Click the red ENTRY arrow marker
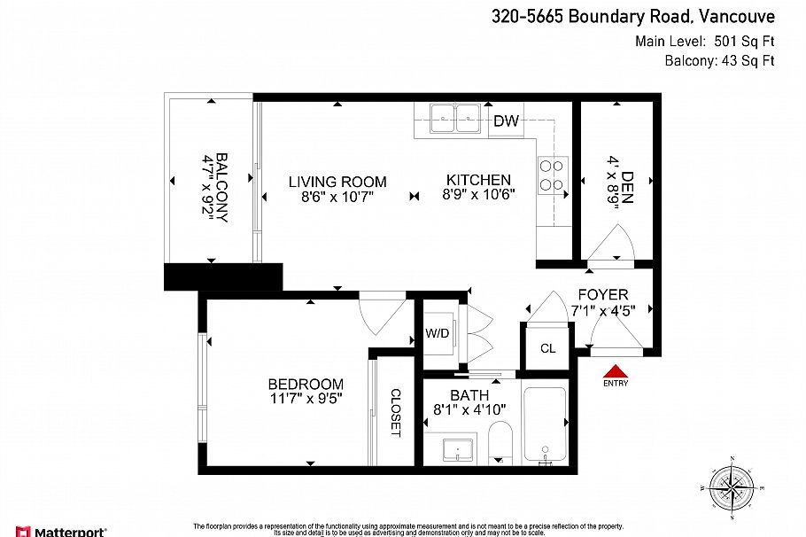click(614, 373)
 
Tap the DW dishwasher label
click(506, 121)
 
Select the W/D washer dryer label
click(437, 335)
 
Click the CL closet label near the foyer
click(548, 348)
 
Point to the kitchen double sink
click(455, 119)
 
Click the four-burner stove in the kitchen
click(554, 175)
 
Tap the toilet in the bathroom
click(501, 441)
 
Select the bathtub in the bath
click(545, 425)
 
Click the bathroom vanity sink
click(457, 450)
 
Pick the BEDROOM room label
click(306, 384)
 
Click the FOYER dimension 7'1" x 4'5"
click(602, 311)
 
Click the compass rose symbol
click(732, 487)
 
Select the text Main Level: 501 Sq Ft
click(704, 41)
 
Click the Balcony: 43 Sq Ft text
click(719, 61)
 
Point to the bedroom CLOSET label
click(395, 413)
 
